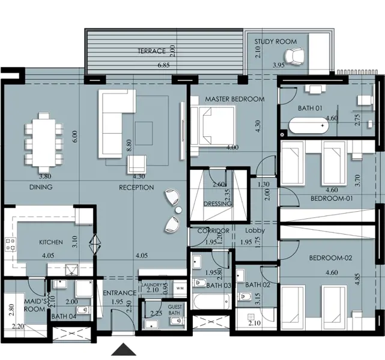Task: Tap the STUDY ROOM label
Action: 275,42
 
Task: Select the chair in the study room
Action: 295,56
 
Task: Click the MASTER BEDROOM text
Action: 234,99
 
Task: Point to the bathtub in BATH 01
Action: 308,127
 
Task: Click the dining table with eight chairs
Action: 44,139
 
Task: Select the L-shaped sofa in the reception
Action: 117,114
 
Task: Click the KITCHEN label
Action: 51,242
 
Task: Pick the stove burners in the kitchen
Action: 11,244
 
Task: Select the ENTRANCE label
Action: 120,293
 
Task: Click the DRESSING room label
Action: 217,204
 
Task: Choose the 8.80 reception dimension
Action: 129,144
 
